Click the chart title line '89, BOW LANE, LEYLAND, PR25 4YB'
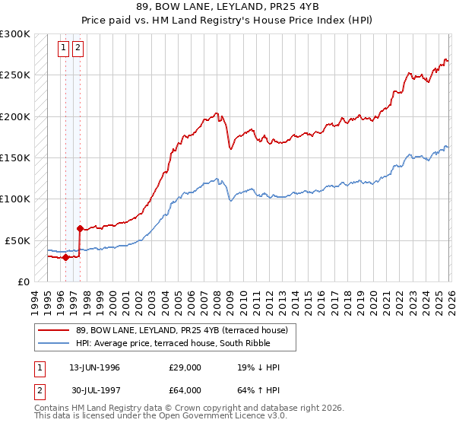(x=227, y=8)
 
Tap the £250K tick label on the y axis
(x=15, y=75)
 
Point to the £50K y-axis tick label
(x=17, y=240)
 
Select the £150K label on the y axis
(x=15, y=157)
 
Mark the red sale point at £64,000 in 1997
(x=80, y=228)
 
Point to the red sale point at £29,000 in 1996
(x=65, y=257)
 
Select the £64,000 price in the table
(x=185, y=390)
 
